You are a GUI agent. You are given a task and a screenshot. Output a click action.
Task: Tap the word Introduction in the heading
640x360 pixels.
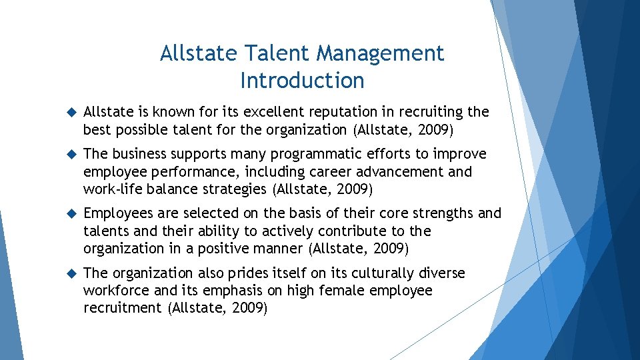[302, 81]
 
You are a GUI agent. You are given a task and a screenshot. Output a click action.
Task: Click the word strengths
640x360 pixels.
[438, 213]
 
